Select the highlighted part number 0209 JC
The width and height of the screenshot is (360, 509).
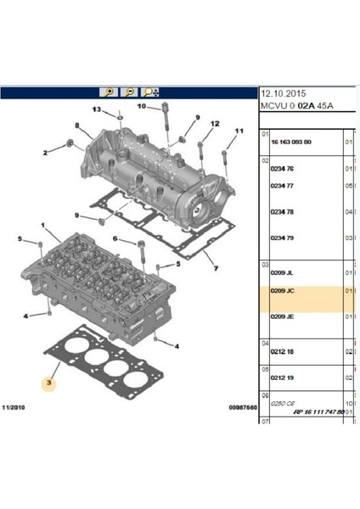282,291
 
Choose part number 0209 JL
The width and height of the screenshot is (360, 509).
282,273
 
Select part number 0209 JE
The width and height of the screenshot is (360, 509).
282,316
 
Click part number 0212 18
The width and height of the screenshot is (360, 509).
281,350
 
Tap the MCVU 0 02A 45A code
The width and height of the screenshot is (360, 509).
296,106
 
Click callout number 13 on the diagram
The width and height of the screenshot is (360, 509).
96,109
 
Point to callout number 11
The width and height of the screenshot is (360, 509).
238,131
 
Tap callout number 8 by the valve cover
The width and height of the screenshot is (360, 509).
77,126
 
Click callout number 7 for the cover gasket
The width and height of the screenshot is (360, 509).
216,270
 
